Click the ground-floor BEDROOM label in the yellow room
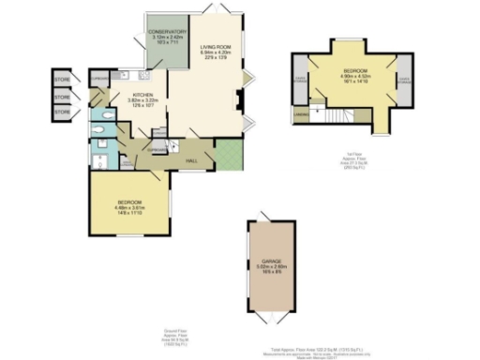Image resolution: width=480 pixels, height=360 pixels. (x=129, y=202)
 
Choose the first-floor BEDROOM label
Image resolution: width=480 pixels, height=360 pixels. (x=355, y=70)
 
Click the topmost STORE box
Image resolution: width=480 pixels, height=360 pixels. (x=62, y=78)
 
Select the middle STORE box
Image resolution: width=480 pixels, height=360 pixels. (x=62, y=96)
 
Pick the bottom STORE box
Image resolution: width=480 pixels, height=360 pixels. (x=62, y=112)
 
